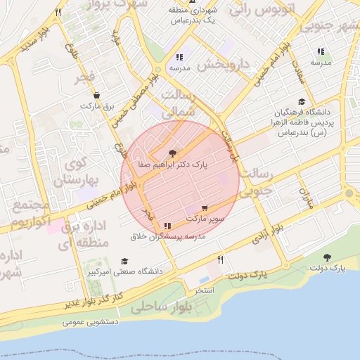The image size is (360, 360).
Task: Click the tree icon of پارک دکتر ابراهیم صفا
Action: click(x=172, y=153)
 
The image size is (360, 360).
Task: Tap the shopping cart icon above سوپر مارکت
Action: click(x=205, y=208)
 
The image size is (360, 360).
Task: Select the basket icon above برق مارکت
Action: click(x=96, y=95)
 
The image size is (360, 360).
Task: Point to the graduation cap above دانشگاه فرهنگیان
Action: click(x=302, y=102)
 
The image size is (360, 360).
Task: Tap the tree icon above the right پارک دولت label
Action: click(x=327, y=257)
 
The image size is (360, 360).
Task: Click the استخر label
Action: click(x=204, y=290)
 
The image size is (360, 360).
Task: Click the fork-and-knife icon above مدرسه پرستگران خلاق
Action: click(x=167, y=226)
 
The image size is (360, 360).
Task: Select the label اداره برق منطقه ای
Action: click(x=85, y=235)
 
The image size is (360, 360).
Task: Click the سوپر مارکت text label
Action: click(x=205, y=219)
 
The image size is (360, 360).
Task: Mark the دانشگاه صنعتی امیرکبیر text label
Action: click(x=131, y=271)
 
